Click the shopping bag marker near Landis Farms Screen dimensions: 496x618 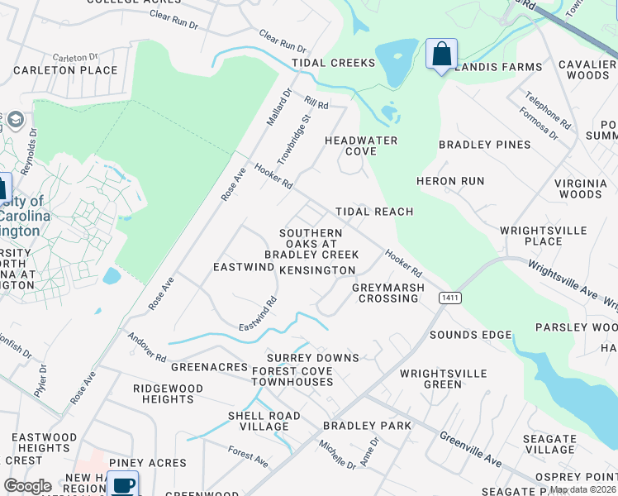pos(441,55)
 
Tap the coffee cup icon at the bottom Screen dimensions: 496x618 pos(123,484)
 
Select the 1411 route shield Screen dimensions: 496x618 pos(450,298)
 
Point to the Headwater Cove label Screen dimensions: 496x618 pos(361,145)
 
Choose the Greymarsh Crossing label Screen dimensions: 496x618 pos(388,293)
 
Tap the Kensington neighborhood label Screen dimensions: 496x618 pos(317,270)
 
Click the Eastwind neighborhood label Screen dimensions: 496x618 pos(243,267)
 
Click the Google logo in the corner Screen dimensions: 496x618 pos(27,486)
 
